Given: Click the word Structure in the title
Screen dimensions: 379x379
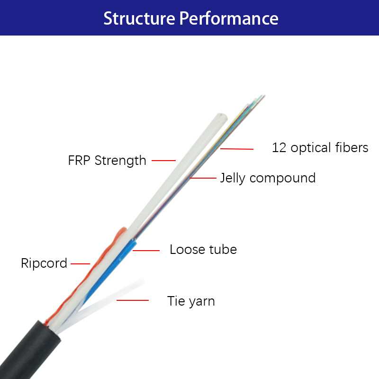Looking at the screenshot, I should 139,18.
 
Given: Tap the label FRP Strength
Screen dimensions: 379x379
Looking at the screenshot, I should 107,160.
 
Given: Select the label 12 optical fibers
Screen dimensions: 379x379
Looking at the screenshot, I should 320,148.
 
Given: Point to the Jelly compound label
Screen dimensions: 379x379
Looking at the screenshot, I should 268,178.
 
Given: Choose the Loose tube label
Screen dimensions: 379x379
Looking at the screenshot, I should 203,249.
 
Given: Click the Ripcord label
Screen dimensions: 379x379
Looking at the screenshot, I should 44,263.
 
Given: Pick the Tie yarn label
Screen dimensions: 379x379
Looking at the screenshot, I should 191,301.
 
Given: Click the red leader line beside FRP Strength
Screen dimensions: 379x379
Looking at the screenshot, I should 164,160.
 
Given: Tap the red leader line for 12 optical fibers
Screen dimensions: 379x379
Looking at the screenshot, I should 237,149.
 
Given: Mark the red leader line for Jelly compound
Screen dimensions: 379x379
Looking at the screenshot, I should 203,178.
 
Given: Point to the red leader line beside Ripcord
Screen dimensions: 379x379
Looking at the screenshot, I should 81,263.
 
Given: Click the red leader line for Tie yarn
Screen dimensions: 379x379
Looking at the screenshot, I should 133,300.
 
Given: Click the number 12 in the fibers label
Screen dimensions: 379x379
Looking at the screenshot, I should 279,148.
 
